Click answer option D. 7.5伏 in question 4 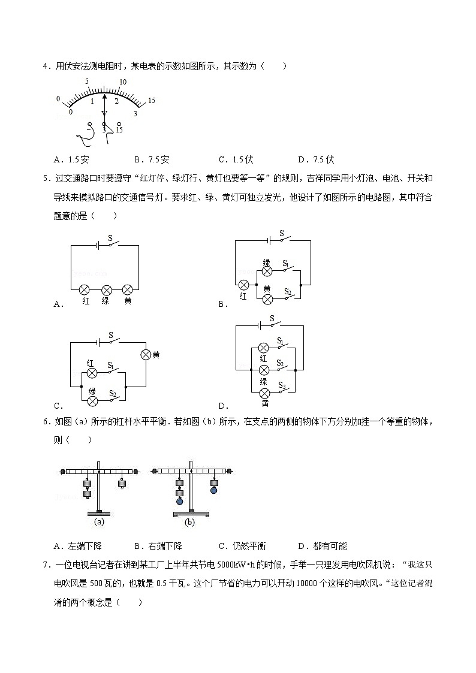(315, 159)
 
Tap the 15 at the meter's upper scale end (151, 101)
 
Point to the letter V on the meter (104, 113)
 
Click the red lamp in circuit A (85, 289)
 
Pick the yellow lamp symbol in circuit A (127, 289)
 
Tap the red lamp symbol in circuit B (243, 285)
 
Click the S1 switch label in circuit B (286, 264)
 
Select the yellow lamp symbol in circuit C (145, 354)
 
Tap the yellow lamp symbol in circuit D (263, 393)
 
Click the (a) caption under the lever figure (100, 522)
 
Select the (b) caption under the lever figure (189, 522)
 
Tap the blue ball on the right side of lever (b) (214, 490)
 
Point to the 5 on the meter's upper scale (88, 82)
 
